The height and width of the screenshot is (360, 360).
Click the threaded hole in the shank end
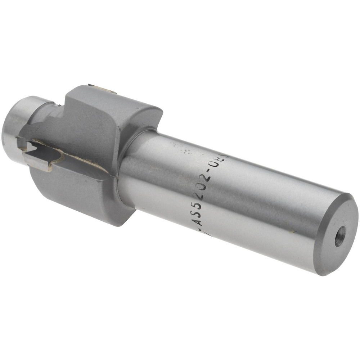point(339,236)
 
